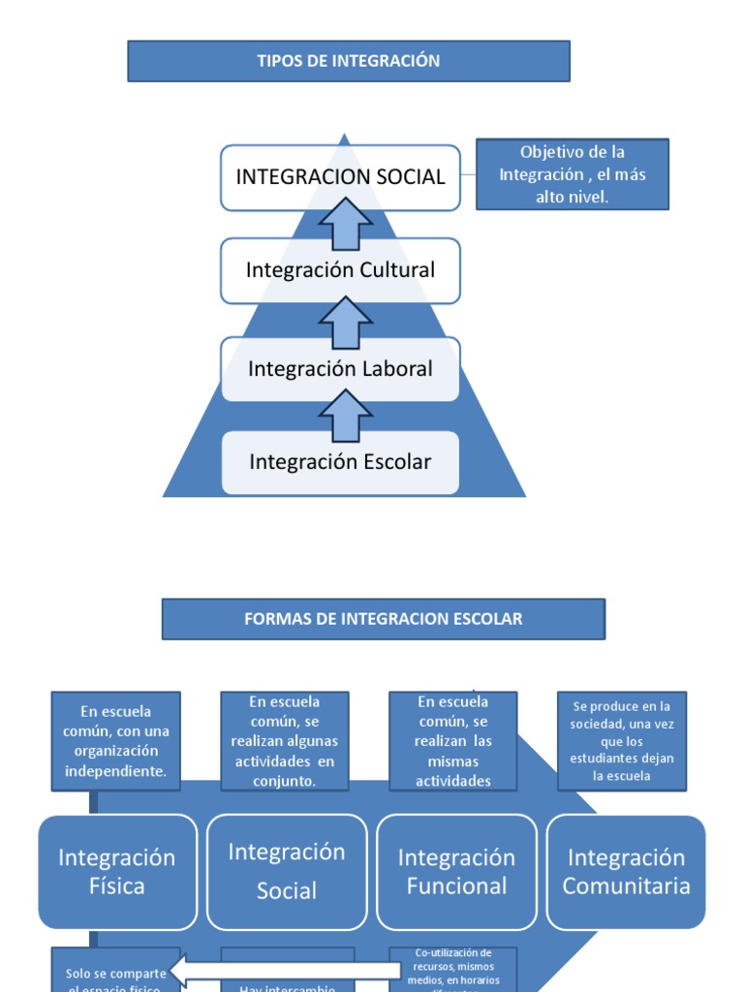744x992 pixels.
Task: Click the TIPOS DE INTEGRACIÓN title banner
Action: click(x=349, y=61)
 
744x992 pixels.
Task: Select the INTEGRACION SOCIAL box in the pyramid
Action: click(x=340, y=177)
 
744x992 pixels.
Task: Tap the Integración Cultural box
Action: click(x=340, y=270)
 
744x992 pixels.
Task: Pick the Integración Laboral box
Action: click(x=340, y=369)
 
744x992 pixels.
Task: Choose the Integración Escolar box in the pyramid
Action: click(x=340, y=462)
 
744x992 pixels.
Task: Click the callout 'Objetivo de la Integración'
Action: click(x=573, y=174)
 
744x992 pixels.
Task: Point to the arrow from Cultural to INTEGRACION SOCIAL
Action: click(x=345, y=225)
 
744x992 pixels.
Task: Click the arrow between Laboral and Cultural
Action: click(x=345, y=322)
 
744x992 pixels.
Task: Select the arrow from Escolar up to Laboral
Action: click(x=345, y=417)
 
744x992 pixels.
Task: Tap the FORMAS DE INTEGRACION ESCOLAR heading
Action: click(x=383, y=619)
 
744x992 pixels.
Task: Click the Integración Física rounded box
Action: click(x=117, y=872)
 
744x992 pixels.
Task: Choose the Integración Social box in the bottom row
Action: click(x=287, y=872)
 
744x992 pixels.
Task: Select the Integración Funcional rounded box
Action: click(x=456, y=872)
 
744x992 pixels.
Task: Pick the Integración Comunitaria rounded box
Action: click(x=626, y=872)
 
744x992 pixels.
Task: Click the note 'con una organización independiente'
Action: click(x=116, y=741)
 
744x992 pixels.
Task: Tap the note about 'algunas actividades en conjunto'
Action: click(x=285, y=741)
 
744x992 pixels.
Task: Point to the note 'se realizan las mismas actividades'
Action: click(x=453, y=741)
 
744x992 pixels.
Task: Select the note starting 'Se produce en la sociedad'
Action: click(x=621, y=741)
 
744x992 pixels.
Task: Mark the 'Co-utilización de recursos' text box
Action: click(x=453, y=969)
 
